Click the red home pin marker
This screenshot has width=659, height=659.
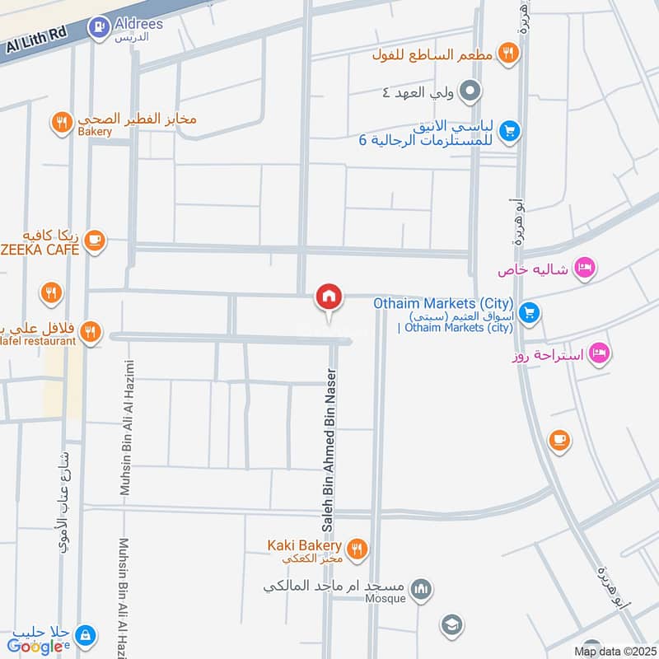pyautogui.click(x=329, y=297)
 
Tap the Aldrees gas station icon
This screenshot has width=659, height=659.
pyautogui.click(x=99, y=27)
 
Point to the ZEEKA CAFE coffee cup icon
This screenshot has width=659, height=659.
pyautogui.click(x=94, y=240)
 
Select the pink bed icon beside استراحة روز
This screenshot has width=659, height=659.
pyautogui.click(x=600, y=353)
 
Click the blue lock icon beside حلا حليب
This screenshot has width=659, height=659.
pyautogui.click(x=84, y=634)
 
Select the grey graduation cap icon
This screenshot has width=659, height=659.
pyautogui.click(x=451, y=624)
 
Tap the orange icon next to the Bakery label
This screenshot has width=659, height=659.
pyautogui.click(x=61, y=124)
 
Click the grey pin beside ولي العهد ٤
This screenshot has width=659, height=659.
pyautogui.click(x=470, y=91)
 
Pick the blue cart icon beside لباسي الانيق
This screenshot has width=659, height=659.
pyautogui.click(x=510, y=131)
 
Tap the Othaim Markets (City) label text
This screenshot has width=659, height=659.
pyautogui.click(x=443, y=302)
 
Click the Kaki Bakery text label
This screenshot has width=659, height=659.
pyautogui.click(x=304, y=545)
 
